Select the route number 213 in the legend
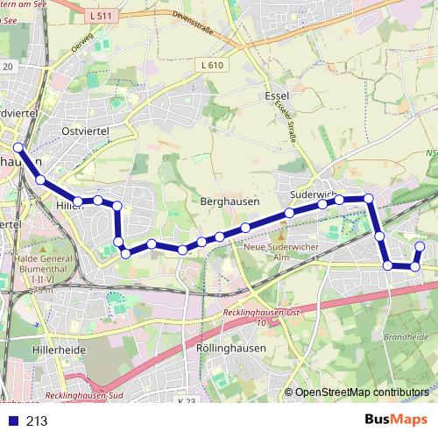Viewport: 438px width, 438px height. pyautogui.click(x=37, y=421)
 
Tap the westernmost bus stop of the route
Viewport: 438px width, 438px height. pyautogui.click(x=18, y=147)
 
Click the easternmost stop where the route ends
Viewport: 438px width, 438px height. pyautogui.click(x=420, y=246)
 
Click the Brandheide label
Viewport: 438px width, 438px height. pyautogui.click(x=404, y=336)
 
